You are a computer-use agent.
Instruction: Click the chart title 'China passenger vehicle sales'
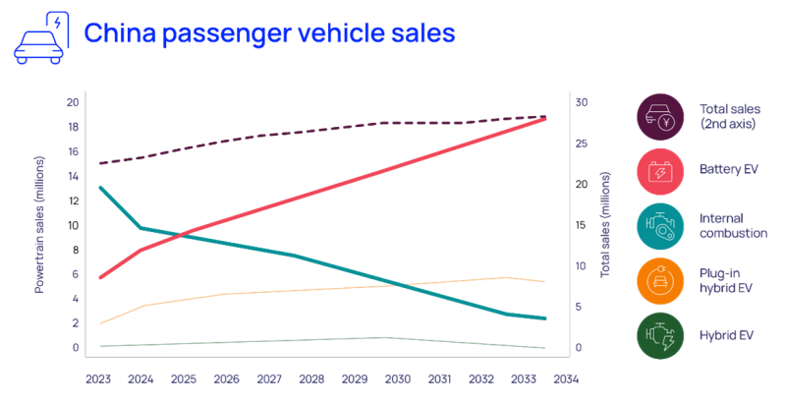[x=268, y=33]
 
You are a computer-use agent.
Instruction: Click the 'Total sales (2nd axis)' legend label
[x=724, y=116]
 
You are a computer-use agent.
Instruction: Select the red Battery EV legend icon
[x=661, y=173]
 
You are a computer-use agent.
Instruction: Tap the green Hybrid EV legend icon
[x=661, y=335]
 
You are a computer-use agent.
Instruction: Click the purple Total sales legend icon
[x=661, y=117]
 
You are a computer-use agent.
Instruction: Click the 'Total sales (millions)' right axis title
[x=605, y=223]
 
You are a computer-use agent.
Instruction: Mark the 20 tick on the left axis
[x=73, y=102]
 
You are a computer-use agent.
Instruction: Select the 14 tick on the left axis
[x=73, y=177]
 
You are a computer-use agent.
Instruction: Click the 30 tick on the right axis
[x=582, y=102]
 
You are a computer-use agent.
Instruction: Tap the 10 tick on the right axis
[x=582, y=266]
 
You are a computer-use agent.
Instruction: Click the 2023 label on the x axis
[x=98, y=378]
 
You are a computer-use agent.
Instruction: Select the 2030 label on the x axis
[x=397, y=378]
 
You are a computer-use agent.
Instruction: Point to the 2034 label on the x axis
[x=567, y=378]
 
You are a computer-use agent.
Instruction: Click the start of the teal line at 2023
[x=100, y=186]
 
